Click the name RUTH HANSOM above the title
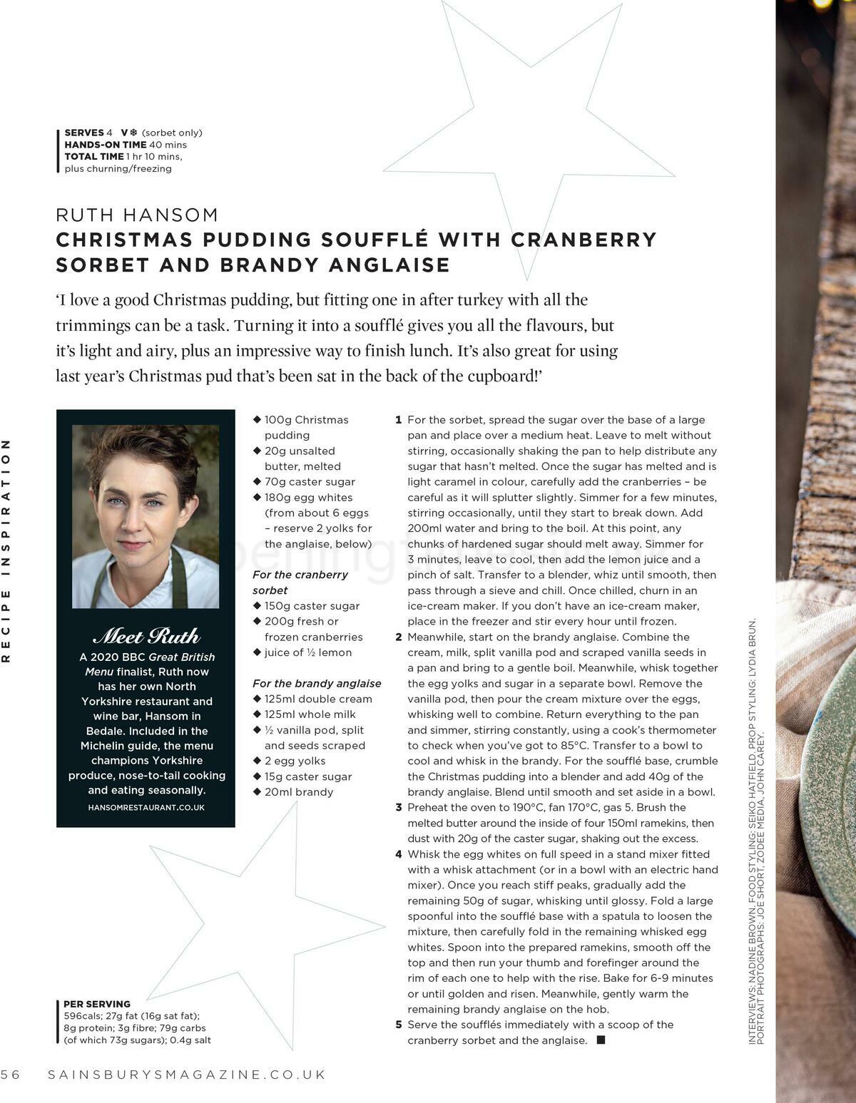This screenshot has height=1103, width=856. (x=137, y=215)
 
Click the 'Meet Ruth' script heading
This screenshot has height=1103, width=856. (x=146, y=636)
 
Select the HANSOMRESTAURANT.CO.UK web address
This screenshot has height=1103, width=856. (x=146, y=808)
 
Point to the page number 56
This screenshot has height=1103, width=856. (x=11, y=1074)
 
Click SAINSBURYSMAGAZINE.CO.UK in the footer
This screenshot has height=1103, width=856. (x=187, y=1074)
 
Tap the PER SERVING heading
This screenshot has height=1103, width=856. (x=97, y=1004)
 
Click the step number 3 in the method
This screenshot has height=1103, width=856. (x=399, y=808)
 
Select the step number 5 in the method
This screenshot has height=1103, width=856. (x=399, y=1025)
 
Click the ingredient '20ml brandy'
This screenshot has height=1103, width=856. (x=298, y=792)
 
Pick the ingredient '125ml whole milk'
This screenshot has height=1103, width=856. (x=310, y=714)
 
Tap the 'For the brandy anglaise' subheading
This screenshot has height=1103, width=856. (x=317, y=683)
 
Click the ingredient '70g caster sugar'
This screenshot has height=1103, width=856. (x=310, y=482)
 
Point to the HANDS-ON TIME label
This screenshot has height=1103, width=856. (x=105, y=145)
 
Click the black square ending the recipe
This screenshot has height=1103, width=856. (x=601, y=1041)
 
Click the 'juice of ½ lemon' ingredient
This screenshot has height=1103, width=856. (x=307, y=652)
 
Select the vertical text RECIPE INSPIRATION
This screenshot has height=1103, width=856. (x=6, y=550)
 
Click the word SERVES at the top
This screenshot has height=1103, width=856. (x=83, y=133)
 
